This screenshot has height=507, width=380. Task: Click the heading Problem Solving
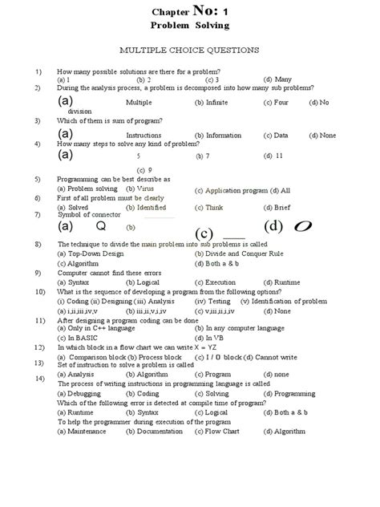pos(190,26)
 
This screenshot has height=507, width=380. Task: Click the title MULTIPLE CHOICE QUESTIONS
pos(189,50)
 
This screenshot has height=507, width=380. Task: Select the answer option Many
pos(282,80)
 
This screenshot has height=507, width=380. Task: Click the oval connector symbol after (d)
pos(304,228)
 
